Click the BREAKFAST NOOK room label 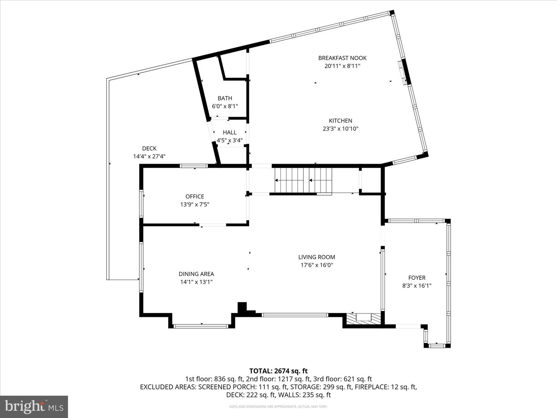[342, 58]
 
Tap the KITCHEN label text [340, 121]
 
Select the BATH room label [225, 98]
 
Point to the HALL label [229, 132]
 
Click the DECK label [149, 149]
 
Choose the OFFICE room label [195, 197]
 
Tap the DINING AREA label [196, 274]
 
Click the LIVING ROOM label [316, 257]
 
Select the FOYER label [417, 278]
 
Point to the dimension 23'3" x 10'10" [340, 129]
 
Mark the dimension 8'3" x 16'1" [417, 286]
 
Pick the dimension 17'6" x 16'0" [316, 265]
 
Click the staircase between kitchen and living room [303, 180]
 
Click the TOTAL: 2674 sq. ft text [278, 371]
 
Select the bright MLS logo [34, 406]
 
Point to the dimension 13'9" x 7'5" [195, 205]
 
